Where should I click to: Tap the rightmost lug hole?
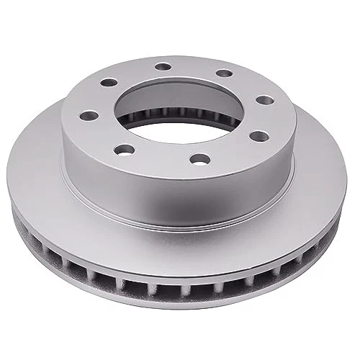point(264,99)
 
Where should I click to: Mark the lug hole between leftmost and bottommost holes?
point(125,149)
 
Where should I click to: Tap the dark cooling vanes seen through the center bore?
point(180,107)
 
